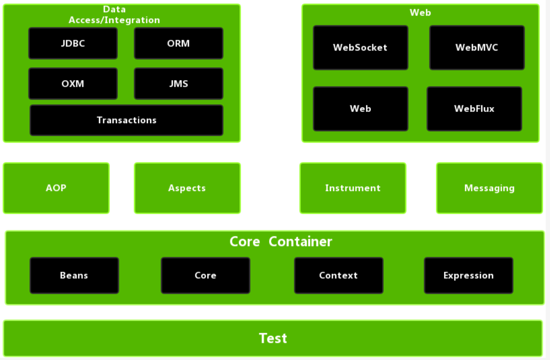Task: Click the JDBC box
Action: pos(73,44)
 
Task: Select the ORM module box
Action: pos(178,44)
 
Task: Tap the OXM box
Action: pos(73,84)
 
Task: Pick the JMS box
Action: pos(178,84)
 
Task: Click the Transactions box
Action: pos(126,120)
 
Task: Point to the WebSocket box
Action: pos(360,47)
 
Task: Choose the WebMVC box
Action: pos(477,47)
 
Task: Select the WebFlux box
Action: pos(474,109)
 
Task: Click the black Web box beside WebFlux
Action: pos(360,109)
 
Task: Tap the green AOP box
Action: pos(56,188)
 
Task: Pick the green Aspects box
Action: pos(187,188)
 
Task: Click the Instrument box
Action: pos(352,188)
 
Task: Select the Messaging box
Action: pos(489,188)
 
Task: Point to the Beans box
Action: pos(74,275)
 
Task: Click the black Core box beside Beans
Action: pos(205,275)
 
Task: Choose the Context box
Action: pos(338,275)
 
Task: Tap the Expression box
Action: pos(468,275)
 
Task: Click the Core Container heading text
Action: pos(280,242)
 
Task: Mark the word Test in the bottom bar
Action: pos(273,338)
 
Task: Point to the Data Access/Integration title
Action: pos(114,15)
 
